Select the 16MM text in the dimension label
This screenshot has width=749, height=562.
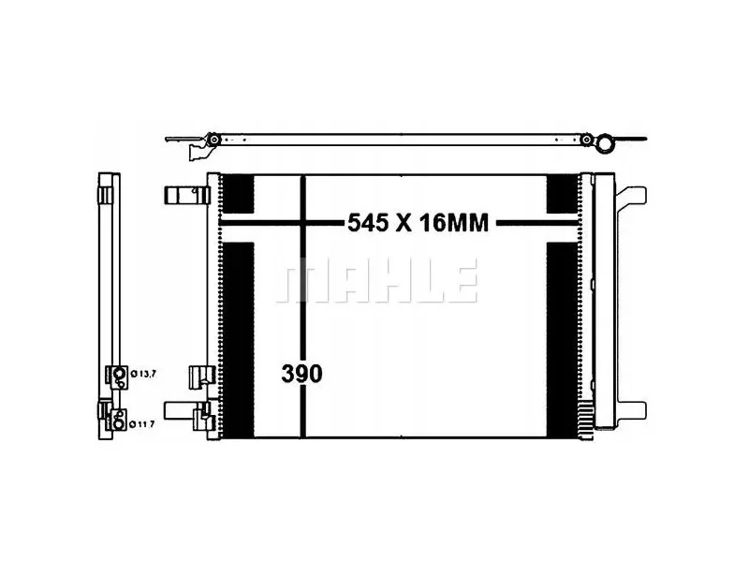(x=454, y=223)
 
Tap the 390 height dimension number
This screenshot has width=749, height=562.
(x=301, y=374)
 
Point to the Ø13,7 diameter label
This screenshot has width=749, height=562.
(x=143, y=374)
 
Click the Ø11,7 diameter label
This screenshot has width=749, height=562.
(x=142, y=424)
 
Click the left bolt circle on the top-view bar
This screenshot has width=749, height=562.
(x=214, y=140)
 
